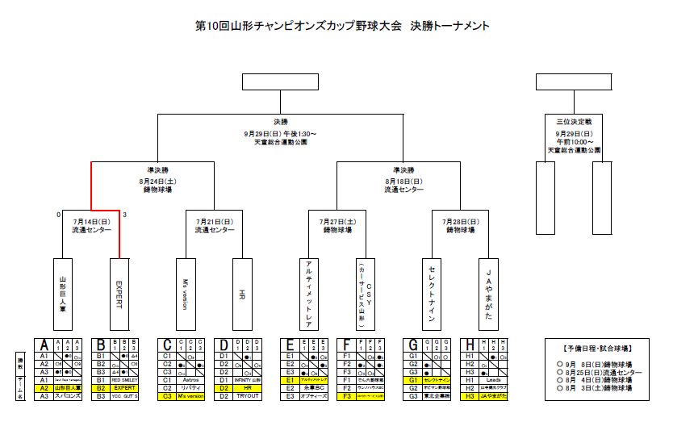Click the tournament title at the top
343,26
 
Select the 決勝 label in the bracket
280,122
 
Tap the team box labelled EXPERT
119,294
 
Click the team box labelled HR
243,294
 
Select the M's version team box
186,294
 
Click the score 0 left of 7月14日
58,215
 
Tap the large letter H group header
470,345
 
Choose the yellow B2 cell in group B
101,387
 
